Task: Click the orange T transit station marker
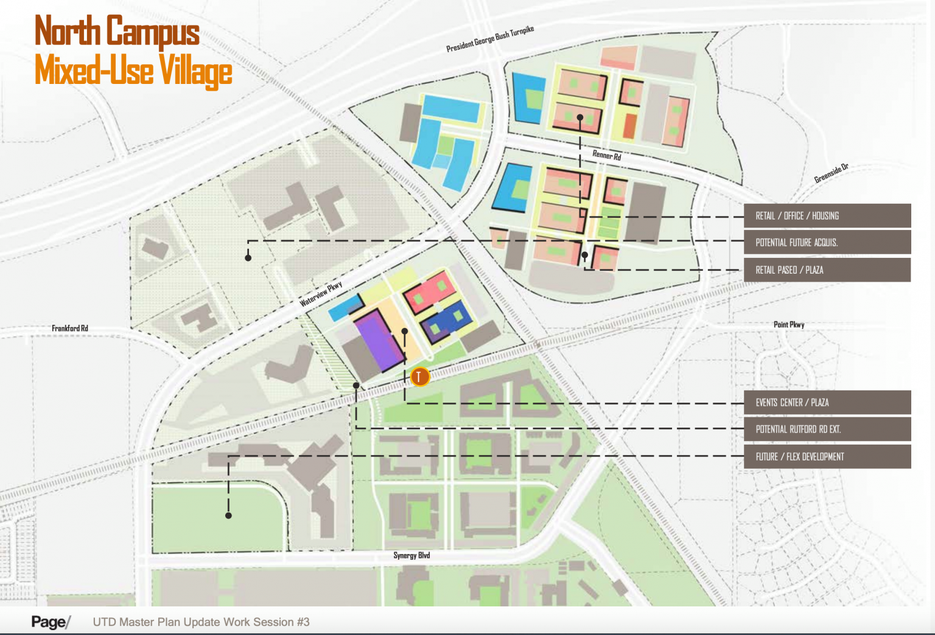point(419,376)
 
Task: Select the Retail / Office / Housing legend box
point(828,216)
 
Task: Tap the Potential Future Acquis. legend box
point(828,243)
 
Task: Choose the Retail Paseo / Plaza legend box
point(828,270)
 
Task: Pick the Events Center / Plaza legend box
point(828,403)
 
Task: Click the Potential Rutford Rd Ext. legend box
point(828,429)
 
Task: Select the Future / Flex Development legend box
point(828,457)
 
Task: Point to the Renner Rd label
point(607,156)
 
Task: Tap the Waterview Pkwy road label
point(321,294)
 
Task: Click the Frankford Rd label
point(70,328)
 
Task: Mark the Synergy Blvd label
point(411,555)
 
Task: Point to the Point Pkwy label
point(789,325)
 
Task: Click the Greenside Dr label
point(832,173)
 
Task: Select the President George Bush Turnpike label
point(490,40)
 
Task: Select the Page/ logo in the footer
point(51,622)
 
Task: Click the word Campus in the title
point(153,32)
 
